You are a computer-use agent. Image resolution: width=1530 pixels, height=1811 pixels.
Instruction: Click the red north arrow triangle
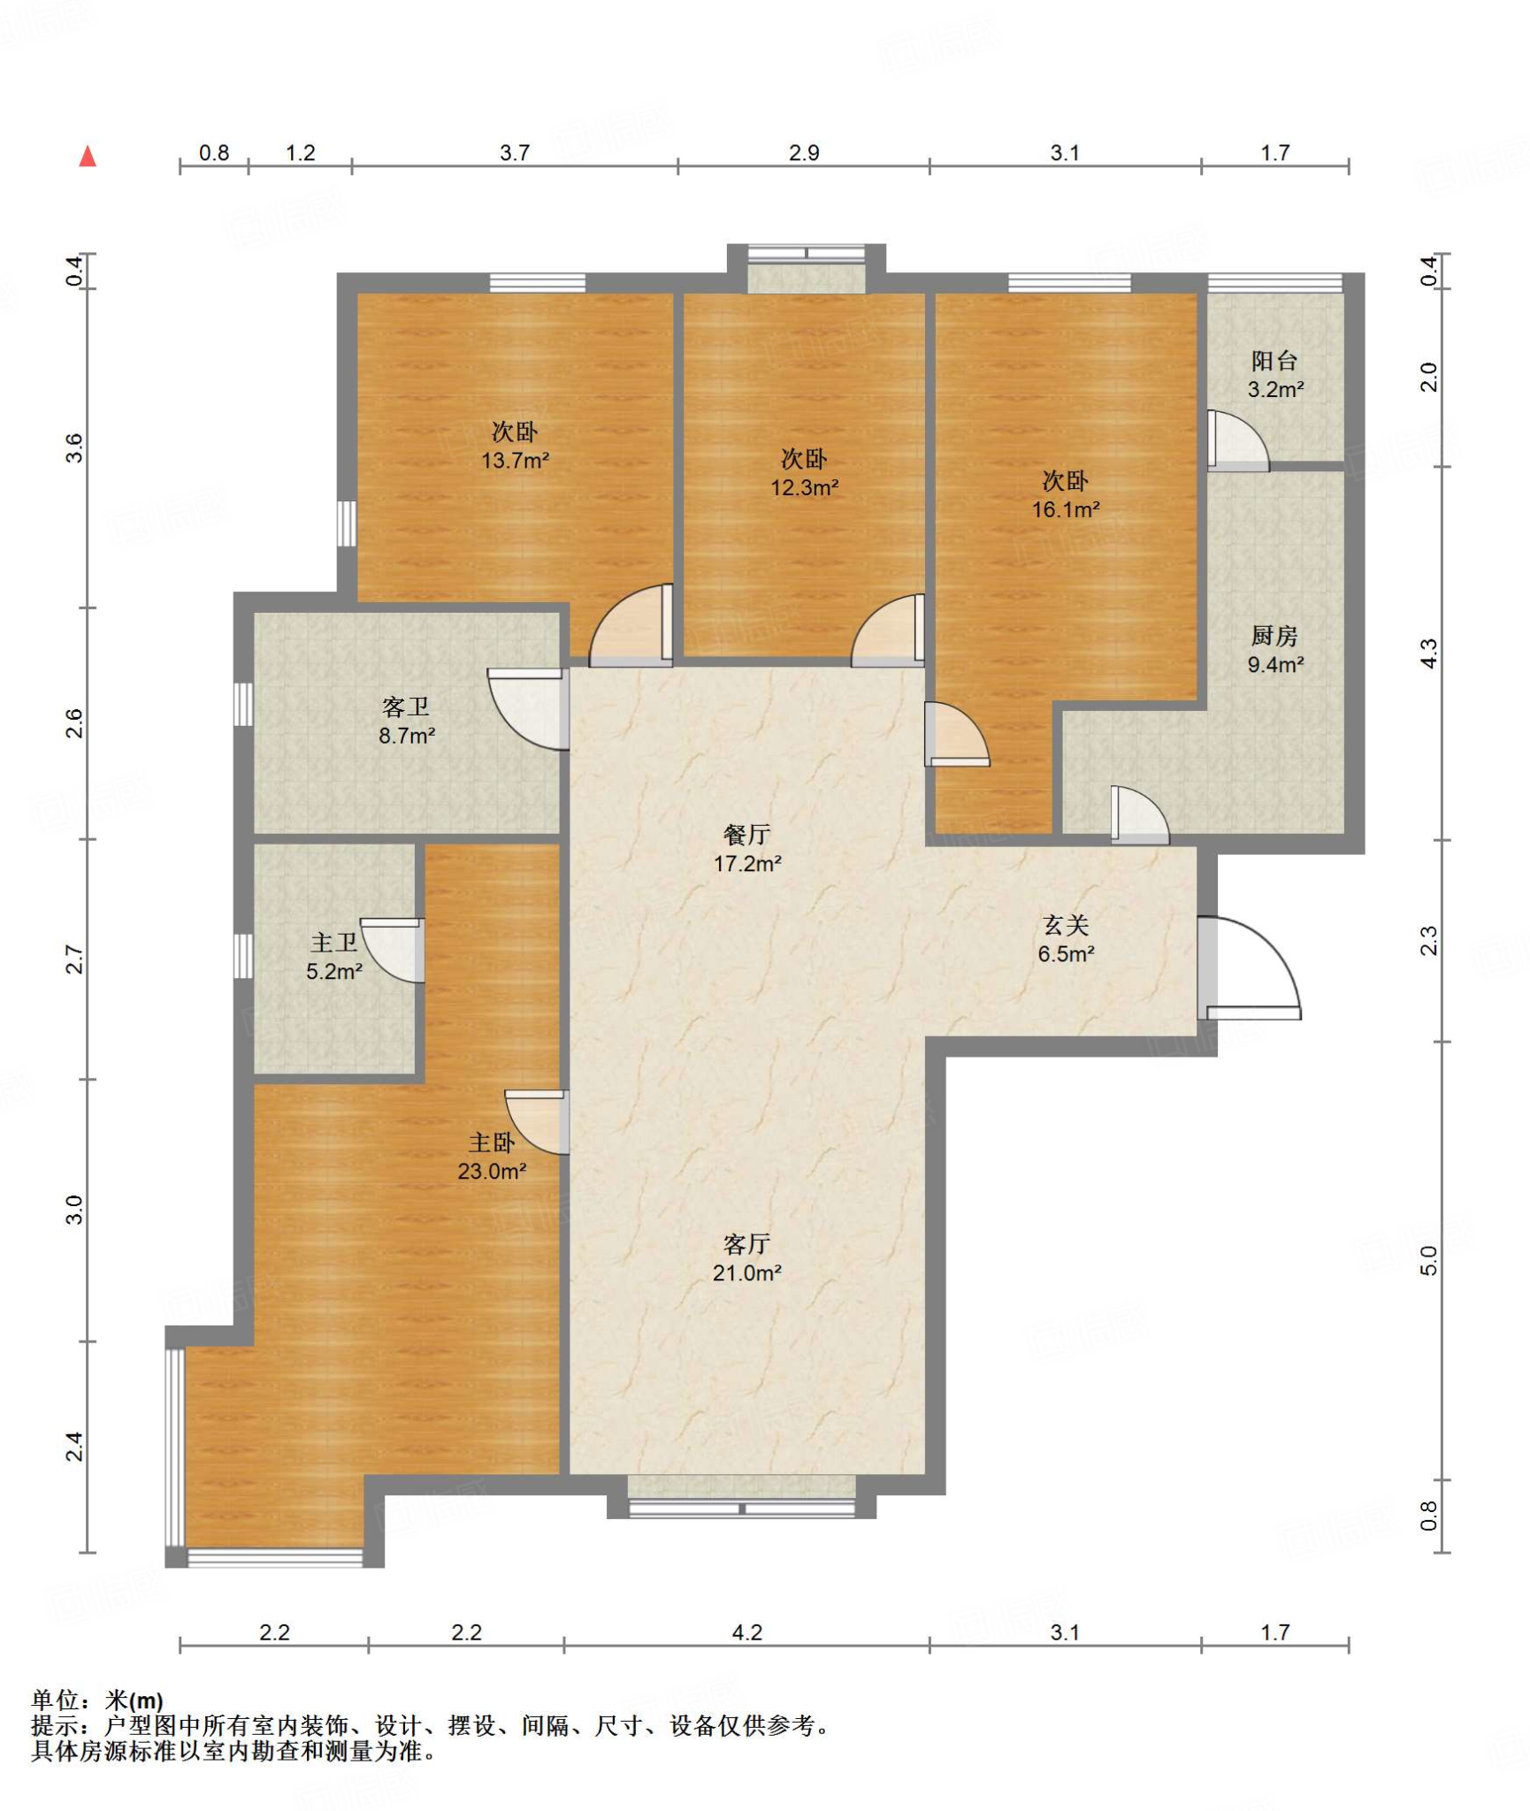(x=88, y=157)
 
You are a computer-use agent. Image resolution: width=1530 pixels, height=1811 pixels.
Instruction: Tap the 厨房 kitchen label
(x=1274, y=635)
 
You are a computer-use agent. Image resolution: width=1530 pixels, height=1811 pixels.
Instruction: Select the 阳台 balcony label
(x=1274, y=360)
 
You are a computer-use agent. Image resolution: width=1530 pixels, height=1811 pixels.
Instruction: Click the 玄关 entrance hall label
(x=1066, y=925)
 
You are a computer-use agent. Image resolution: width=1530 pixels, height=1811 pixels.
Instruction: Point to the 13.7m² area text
(x=515, y=461)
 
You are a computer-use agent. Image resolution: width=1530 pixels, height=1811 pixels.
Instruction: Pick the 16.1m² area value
(x=1066, y=509)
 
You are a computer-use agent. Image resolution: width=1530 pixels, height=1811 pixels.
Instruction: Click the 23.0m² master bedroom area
(x=492, y=1171)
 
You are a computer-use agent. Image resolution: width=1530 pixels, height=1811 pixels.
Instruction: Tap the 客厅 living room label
(x=746, y=1244)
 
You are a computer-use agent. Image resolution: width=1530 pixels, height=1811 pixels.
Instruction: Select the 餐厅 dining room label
(x=746, y=834)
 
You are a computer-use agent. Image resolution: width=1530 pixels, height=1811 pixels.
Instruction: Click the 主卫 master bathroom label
(x=334, y=943)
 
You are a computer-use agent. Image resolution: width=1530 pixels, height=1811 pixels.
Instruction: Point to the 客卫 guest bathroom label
(x=406, y=707)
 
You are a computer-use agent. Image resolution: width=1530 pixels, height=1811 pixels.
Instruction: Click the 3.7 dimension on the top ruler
(x=515, y=153)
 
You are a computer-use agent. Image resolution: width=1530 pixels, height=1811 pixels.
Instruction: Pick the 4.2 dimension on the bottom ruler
(x=746, y=1632)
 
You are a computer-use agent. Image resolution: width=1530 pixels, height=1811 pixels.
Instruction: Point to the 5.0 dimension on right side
(x=1428, y=1261)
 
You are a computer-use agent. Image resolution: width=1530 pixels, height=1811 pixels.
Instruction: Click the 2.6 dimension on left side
(x=74, y=723)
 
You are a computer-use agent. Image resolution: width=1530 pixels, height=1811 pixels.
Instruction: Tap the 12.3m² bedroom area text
(x=804, y=487)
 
